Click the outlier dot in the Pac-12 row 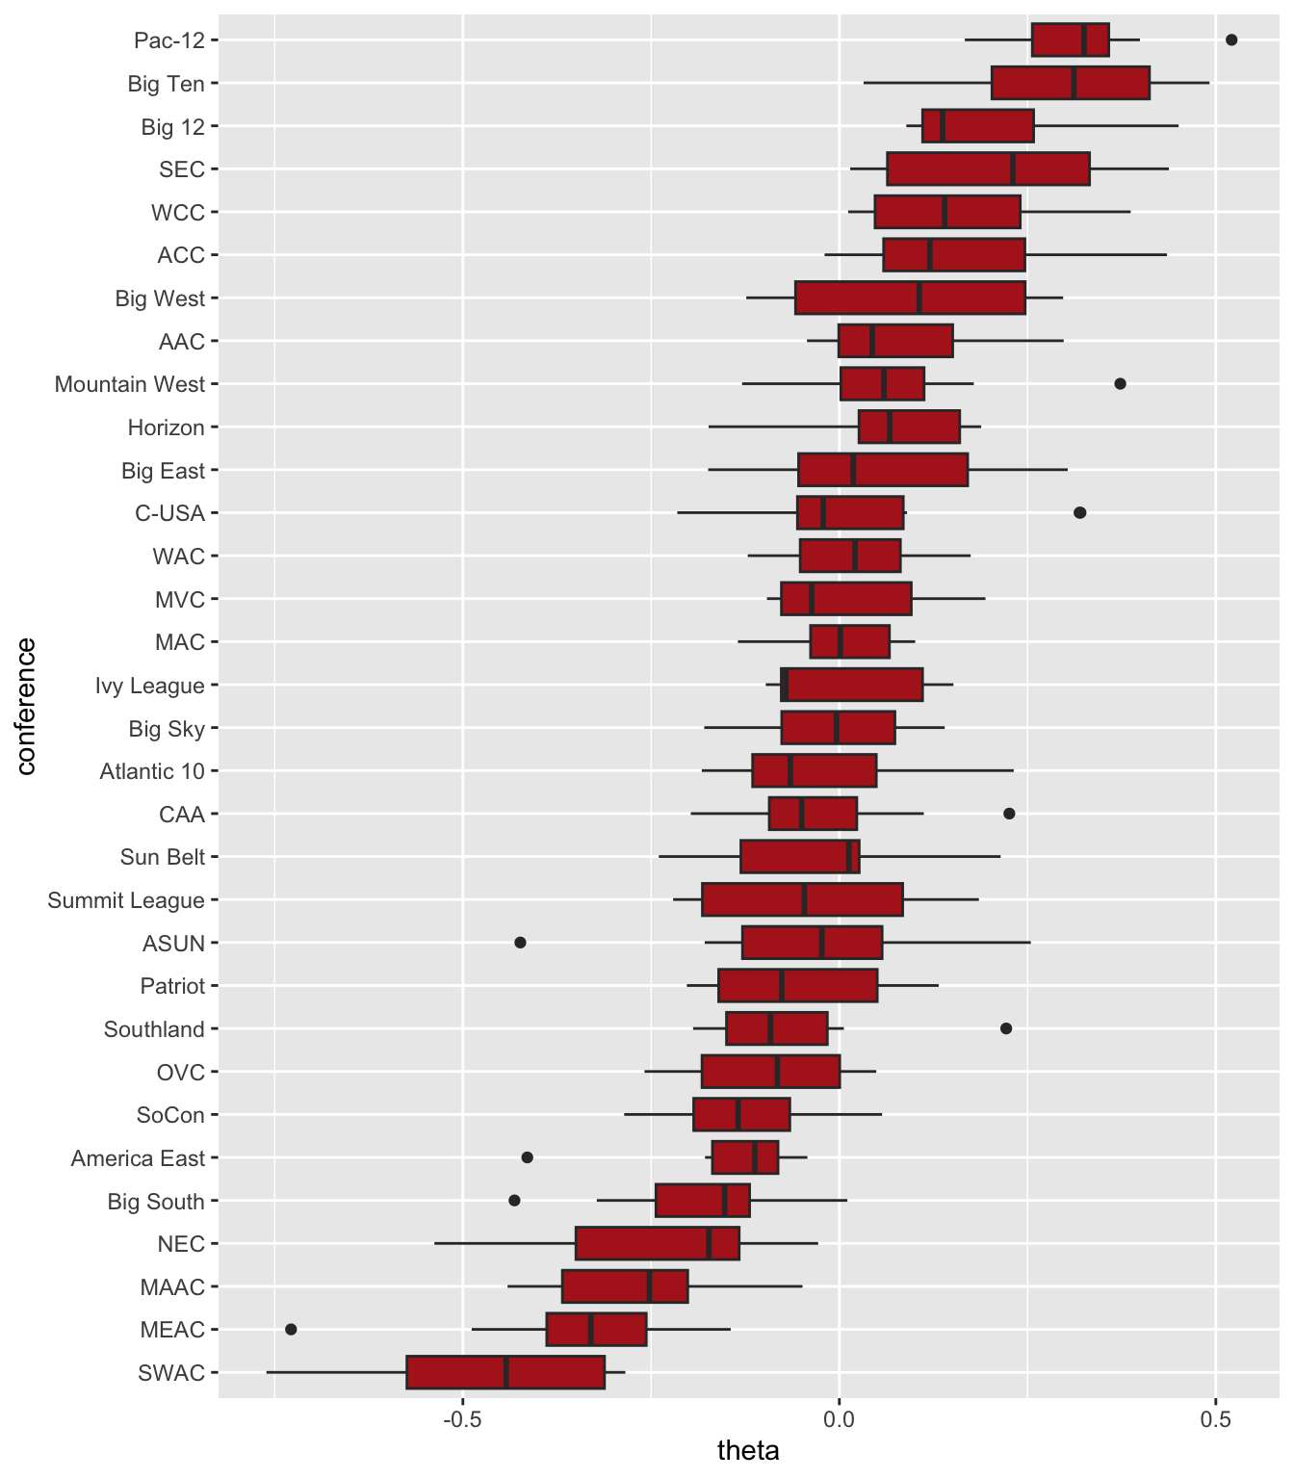point(1231,39)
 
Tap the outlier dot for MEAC point(291,1329)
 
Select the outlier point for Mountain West point(1120,383)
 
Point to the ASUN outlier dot point(520,942)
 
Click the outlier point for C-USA point(1079,512)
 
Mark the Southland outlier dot point(1006,1028)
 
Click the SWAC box point(505,1372)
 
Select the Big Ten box point(1071,83)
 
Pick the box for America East point(745,1157)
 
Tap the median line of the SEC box point(1013,169)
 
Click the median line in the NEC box point(709,1243)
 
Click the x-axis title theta point(748,1451)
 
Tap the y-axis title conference point(26,706)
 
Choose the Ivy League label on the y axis point(149,686)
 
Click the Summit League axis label point(126,900)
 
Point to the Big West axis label point(160,298)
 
